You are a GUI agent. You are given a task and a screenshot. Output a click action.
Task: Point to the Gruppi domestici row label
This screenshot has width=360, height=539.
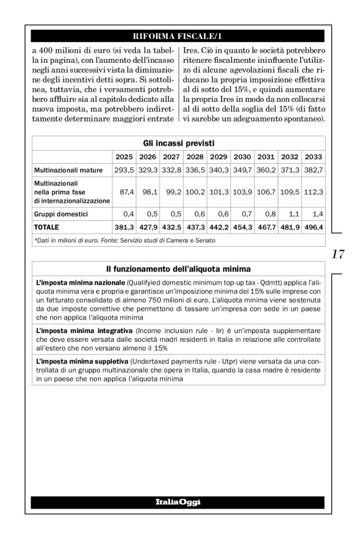(x=61, y=214)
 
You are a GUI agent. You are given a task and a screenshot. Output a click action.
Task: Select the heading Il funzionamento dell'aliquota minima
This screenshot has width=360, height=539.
(x=178, y=269)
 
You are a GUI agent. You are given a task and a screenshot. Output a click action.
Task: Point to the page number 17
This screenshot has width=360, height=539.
(x=339, y=254)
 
